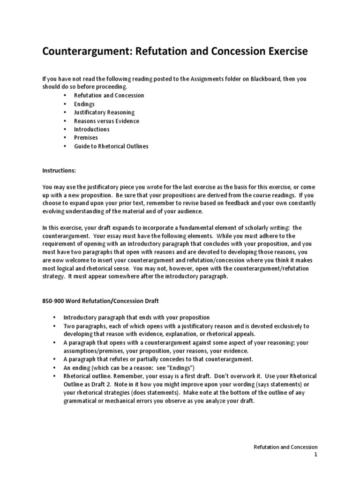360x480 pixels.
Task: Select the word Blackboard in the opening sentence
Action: point(275,79)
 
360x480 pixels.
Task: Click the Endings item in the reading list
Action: point(84,104)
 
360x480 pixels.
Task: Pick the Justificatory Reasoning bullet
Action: point(104,112)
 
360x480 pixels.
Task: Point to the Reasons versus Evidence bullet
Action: point(106,121)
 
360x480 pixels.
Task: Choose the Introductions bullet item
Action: point(92,129)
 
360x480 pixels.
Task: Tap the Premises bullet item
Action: point(86,138)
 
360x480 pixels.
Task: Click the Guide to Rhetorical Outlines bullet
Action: point(111,146)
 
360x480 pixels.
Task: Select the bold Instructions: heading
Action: point(59,172)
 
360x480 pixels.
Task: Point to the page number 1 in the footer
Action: point(316,455)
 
